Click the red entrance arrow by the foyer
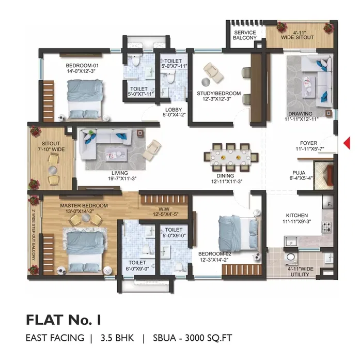pyautogui.click(x=347, y=143)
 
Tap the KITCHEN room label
pyautogui.click(x=297, y=216)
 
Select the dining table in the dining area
pyautogui.click(x=231, y=158)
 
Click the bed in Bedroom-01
pyautogui.click(x=85, y=99)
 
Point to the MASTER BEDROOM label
pyautogui.click(x=84, y=205)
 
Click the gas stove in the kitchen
pyautogui.click(x=326, y=227)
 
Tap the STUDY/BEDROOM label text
pyautogui.click(x=218, y=94)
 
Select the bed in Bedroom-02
pyautogui.click(x=238, y=234)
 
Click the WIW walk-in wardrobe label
pyautogui.click(x=164, y=209)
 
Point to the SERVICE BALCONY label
pyautogui.click(x=245, y=35)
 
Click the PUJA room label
pyautogui.click(x=299, y=173)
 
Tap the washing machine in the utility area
pyautogui.click(x=290, y=258)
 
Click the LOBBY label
pyautogui.click(x=174, y=110)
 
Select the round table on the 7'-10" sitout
pyautogui.click(x=53, y=170)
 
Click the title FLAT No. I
pyautogui.click(x=64, y=320)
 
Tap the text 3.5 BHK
pyautogui.click(x=117, y=338)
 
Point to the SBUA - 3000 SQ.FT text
pyautogui.click(x=192, y=338)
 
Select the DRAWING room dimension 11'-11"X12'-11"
pyautogui.click(x=302, y=119)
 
